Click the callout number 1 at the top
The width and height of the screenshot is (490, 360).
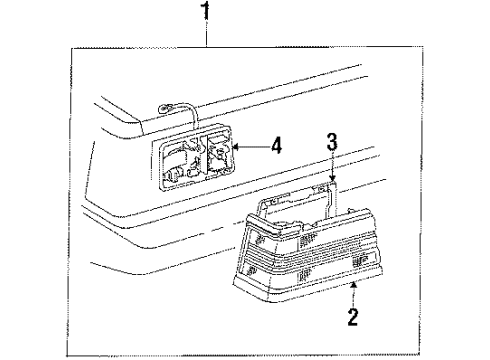click(207, 12)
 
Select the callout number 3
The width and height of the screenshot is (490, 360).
click(332, 143)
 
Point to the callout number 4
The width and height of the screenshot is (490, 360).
click(276, 144)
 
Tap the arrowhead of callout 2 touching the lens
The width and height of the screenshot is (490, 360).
click(356, 282)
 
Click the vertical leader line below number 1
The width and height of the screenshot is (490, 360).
click(207, 35)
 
